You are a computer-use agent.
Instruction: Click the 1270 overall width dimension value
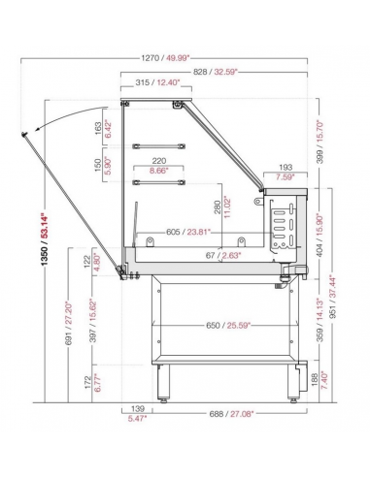151,58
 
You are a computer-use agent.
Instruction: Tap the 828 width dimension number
200,72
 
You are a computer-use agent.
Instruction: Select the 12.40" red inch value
168,82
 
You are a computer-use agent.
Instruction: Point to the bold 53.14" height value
45,226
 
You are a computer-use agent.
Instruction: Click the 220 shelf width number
159,161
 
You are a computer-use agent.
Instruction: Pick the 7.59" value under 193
285,176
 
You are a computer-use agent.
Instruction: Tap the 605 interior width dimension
173,232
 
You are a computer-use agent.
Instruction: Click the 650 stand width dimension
213,325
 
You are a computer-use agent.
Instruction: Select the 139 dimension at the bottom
136,409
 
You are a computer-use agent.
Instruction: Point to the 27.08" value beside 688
242,414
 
